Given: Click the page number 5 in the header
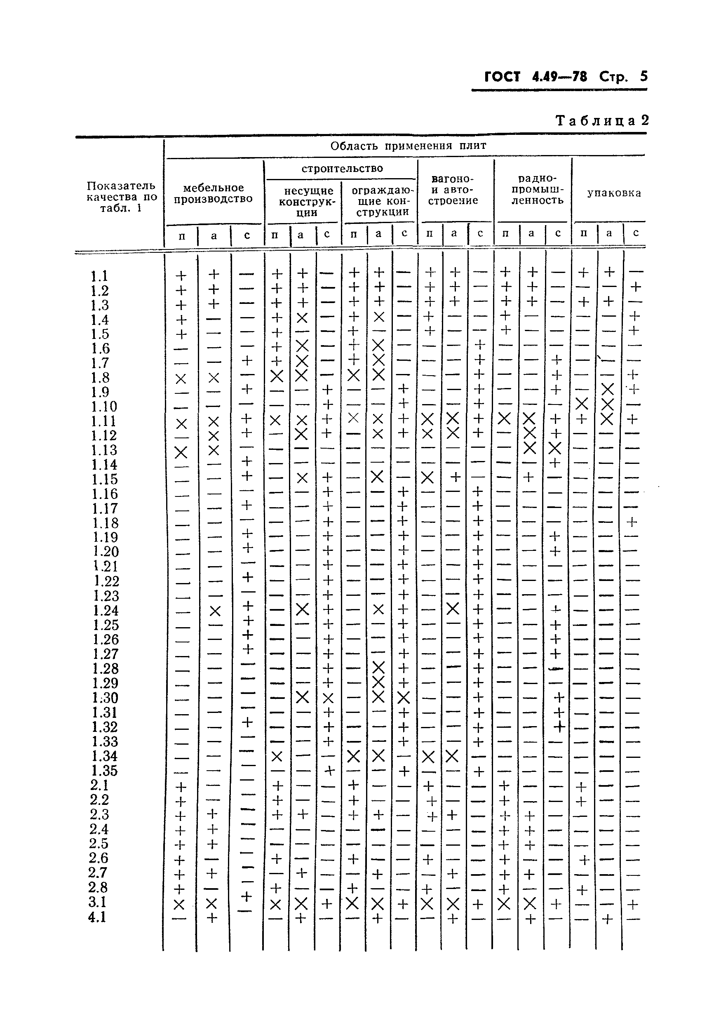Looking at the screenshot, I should coord(643,76).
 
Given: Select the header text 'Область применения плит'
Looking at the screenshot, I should coord(408,146).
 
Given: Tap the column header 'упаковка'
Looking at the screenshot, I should coord(614,193).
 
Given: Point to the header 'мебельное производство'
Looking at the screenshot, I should coord(213,193).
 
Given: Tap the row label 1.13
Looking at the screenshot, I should coord(104,450).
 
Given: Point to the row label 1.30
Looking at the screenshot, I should coord(105,698).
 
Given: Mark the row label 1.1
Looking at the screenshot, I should coord(99,276).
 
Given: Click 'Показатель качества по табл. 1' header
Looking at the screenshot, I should coord(121,197).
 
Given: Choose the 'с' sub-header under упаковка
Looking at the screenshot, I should coord(636,233).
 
